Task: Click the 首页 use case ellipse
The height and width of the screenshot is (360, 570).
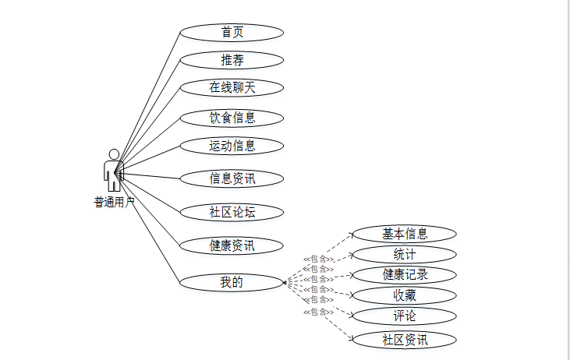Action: tap(232, 33)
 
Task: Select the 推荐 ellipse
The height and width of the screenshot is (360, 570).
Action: tap(232, 60)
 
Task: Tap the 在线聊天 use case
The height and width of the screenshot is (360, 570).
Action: tap(232, 87)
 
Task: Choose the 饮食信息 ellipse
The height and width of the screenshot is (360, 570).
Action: tap(232, 118)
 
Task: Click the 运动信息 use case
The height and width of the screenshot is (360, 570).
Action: tap(232, 146)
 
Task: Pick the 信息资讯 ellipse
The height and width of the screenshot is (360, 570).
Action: tap(232, 178)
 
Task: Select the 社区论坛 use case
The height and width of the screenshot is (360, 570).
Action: tap(232, 212)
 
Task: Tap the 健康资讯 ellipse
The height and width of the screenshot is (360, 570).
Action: tap(232, 245)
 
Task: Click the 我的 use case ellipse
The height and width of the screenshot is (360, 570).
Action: tap(232, 282)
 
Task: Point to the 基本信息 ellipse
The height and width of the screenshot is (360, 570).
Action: tap(404, 234)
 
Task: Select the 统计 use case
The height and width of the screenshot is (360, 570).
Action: tap(404, 254)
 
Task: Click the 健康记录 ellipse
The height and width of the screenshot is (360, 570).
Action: tap(404, 274)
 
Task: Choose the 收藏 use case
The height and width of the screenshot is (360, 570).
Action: tap(404, 295)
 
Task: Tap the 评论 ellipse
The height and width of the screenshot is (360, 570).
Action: tap(404, 316)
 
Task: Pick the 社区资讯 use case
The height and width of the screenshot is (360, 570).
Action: tap(404, 340)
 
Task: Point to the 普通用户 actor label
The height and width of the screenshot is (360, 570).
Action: tap(115, 203)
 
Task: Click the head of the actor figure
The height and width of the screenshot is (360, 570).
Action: tap(114, 154)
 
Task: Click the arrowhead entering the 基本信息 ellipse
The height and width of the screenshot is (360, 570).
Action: tap(352, 233)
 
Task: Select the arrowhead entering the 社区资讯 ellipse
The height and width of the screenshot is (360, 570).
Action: tap(352, 338)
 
